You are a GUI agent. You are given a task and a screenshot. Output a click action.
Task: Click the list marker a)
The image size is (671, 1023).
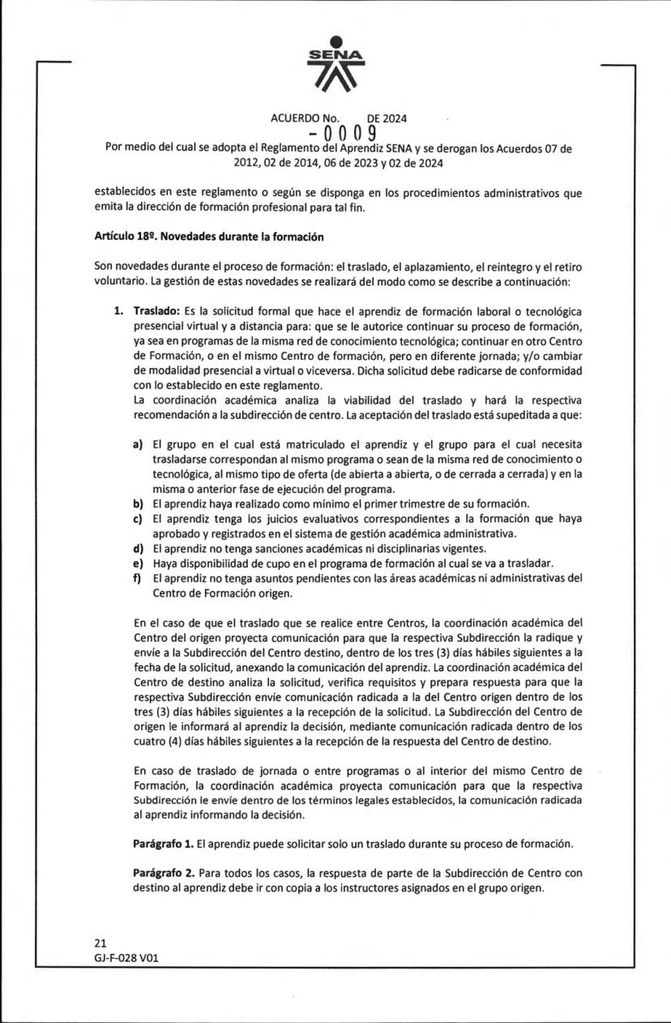tap(138, 445)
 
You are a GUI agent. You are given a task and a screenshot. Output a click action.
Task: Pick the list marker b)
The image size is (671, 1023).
tap(138, 503)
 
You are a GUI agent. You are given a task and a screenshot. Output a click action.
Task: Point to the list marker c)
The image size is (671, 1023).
tap(138, 518)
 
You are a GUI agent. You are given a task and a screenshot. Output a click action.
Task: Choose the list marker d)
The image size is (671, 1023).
tap(138, 548)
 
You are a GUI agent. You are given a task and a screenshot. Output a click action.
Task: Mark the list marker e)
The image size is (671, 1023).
tap(138, 563)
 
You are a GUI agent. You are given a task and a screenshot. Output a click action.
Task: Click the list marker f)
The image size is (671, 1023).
tap(138, 578)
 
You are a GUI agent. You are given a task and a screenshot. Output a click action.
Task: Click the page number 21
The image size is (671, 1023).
tap(100, 943)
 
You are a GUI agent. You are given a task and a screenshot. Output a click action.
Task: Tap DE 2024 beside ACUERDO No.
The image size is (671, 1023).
tap(387, 118)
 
